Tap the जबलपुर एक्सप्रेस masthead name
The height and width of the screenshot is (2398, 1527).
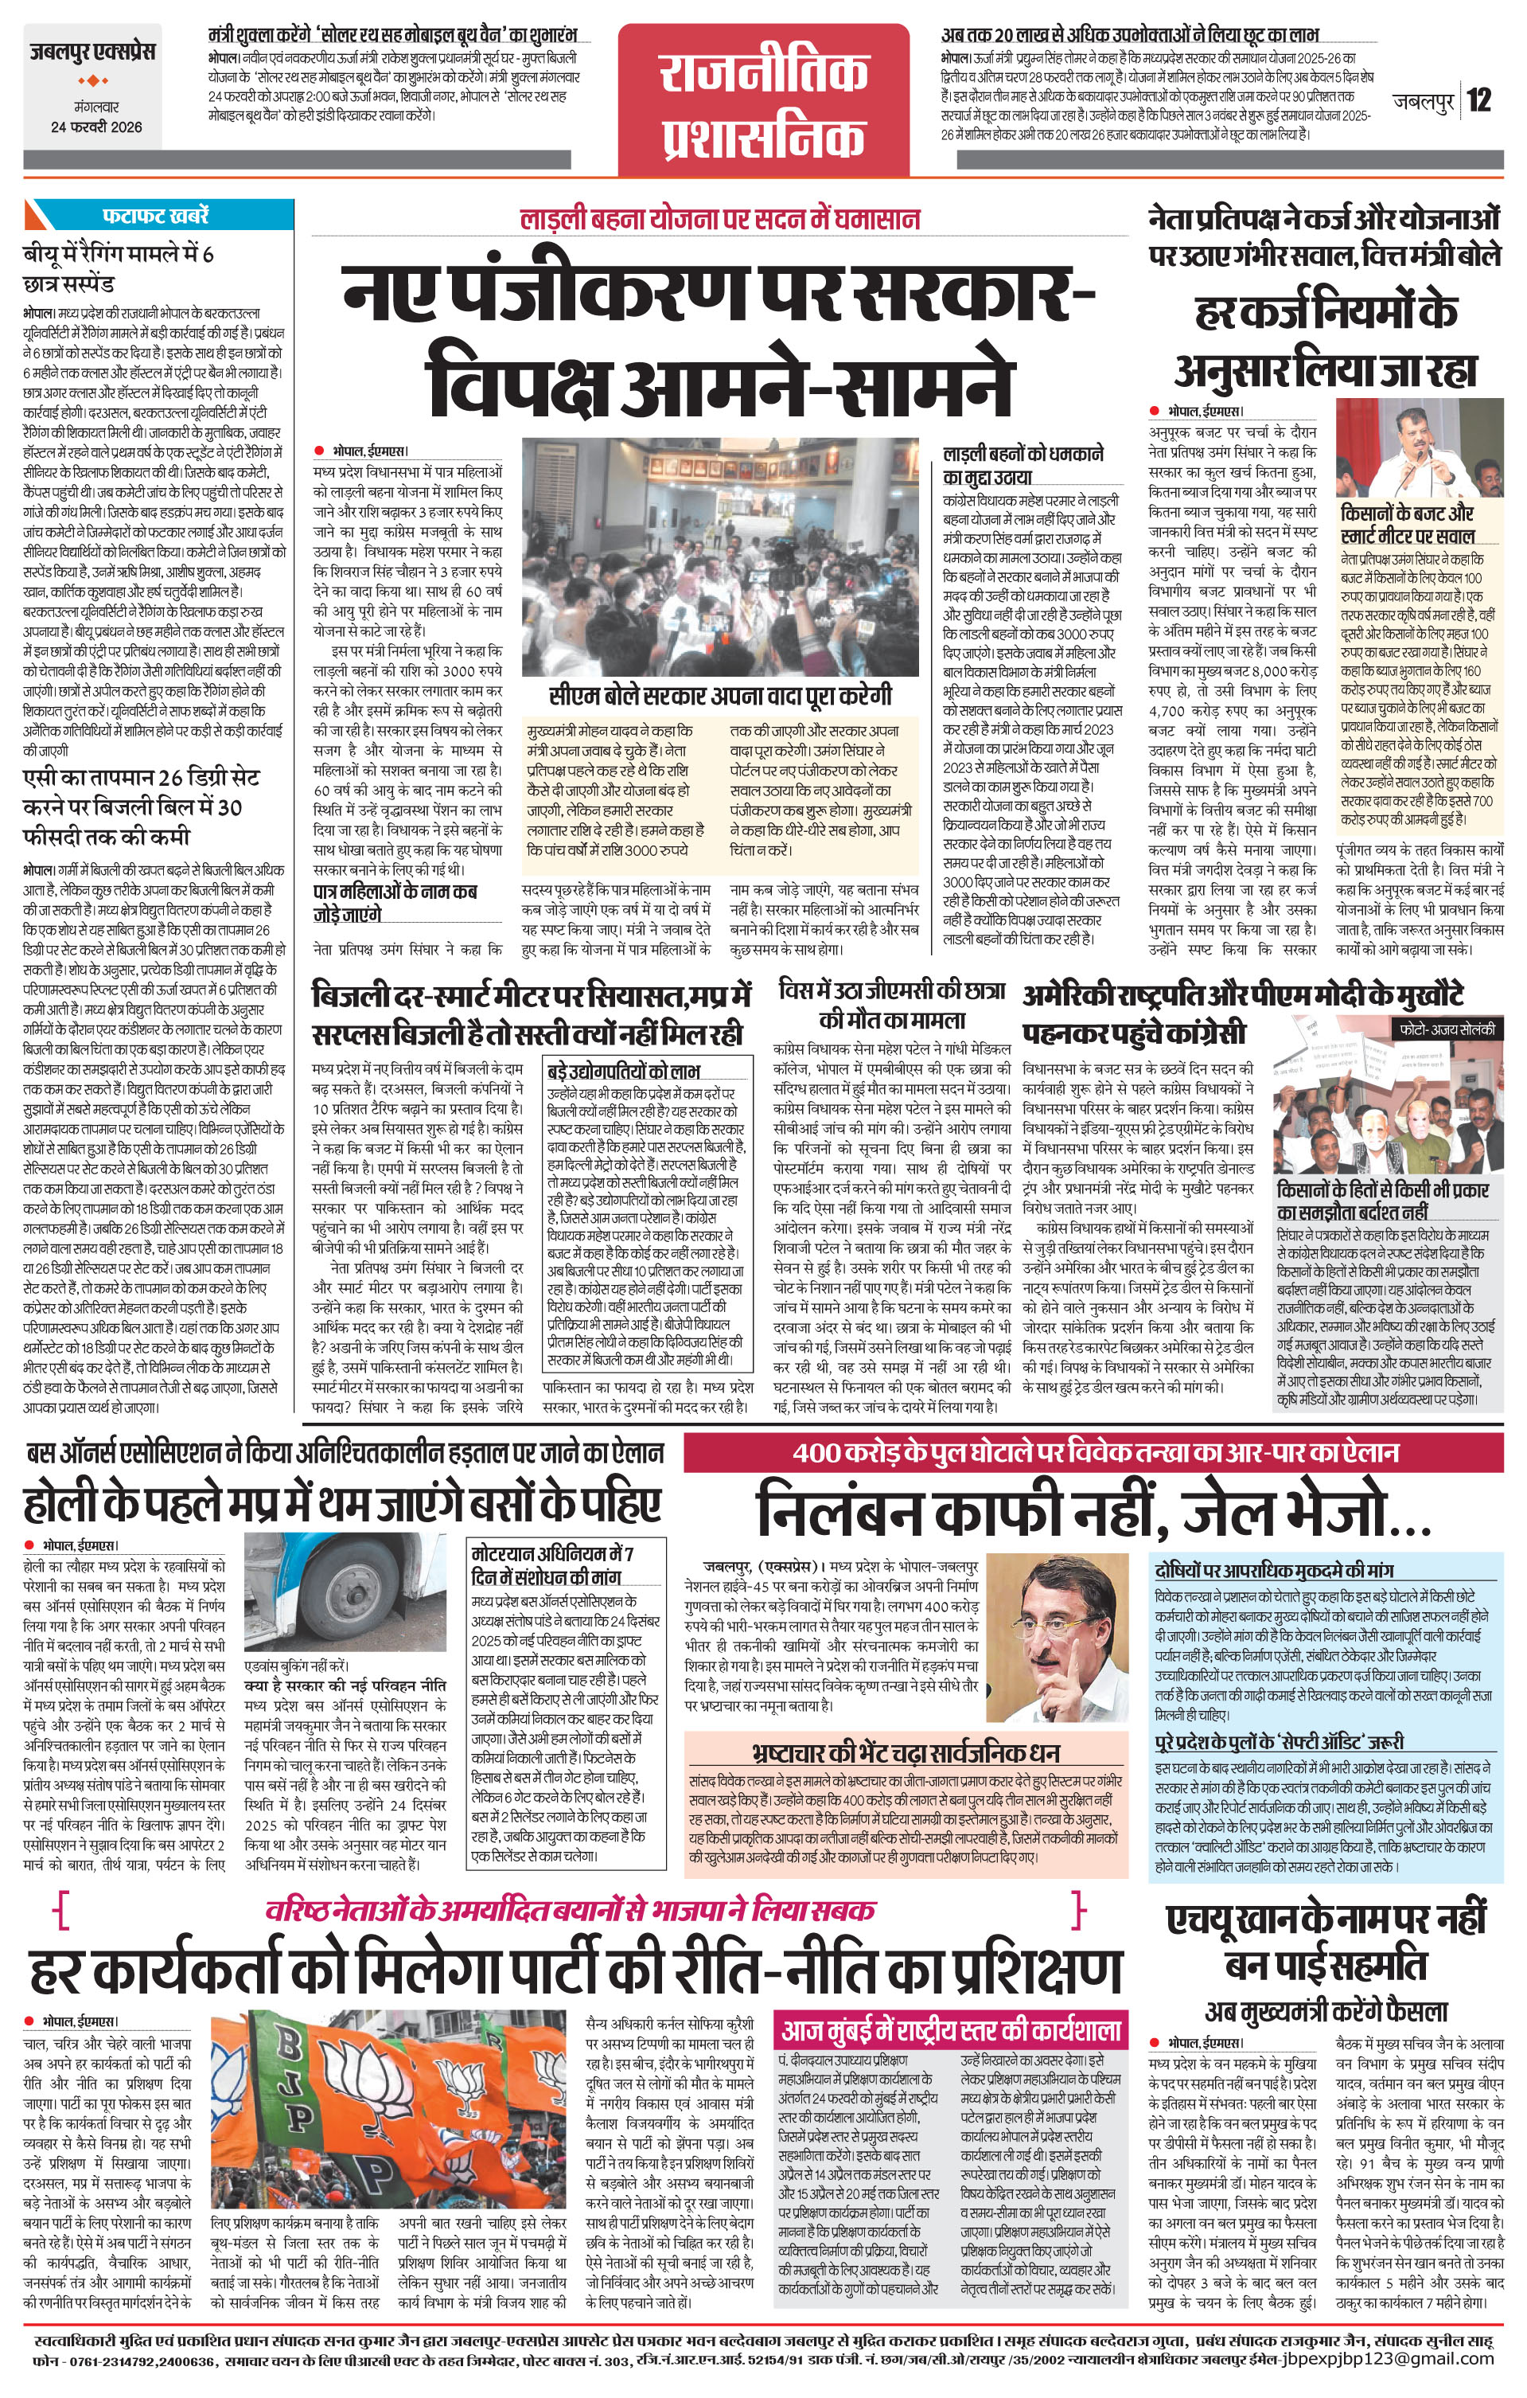click(92, 52)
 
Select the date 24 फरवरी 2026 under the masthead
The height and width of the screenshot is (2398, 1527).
click(96, 127)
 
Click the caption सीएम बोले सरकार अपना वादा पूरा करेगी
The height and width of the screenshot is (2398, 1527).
click(719, 695)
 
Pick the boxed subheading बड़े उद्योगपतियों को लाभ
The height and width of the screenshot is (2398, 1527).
click(624, 1072)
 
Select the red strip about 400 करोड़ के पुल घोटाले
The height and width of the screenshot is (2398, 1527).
click(1093, 1453)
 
